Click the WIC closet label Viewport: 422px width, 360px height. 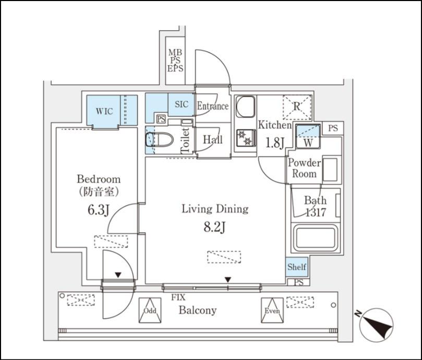click(x=103, y=111)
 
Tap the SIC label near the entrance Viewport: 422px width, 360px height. click(x=181, y=104)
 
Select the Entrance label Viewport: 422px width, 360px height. click(x=212, y=106)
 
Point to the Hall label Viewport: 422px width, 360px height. click(x=212, y=139)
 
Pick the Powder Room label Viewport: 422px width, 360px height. click(x=304, y=168)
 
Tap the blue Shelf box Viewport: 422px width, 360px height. click(x=296, y=267)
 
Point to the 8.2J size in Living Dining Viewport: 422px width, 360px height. click(x=214, y=227)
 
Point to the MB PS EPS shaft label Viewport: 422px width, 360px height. click(x=175, y=60)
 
